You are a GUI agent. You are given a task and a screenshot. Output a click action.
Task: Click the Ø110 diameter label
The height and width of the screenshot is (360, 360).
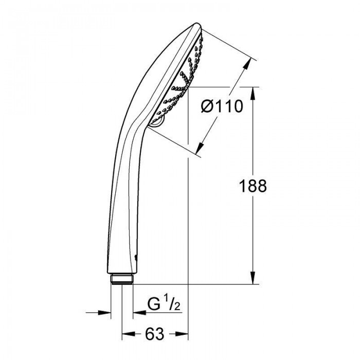click(x=222, y=106)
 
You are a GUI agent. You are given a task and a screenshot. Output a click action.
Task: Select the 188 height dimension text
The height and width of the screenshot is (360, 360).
click(x=253, y=186)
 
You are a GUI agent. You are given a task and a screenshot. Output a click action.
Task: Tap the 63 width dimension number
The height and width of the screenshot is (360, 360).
click(x=154, y=334)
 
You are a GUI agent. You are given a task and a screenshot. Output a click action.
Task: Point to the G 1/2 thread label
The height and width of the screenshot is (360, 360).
click(x=164, y=304)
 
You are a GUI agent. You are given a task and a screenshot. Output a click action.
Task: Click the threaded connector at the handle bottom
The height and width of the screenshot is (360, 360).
click(x=122, y=279)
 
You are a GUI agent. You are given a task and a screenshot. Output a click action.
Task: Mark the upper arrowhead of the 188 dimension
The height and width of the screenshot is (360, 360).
click(x=253, y=93)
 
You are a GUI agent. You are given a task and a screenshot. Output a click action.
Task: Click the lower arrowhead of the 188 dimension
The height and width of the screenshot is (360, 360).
click(x=253, y=278)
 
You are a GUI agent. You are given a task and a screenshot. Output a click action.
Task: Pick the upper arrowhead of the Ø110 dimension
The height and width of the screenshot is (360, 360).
click(x=247, y=63)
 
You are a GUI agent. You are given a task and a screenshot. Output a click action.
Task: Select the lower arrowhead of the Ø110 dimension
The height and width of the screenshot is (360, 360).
click(x=200, y=148)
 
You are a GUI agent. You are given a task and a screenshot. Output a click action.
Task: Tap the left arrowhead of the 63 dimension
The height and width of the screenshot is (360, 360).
click(x=128, y=334)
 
